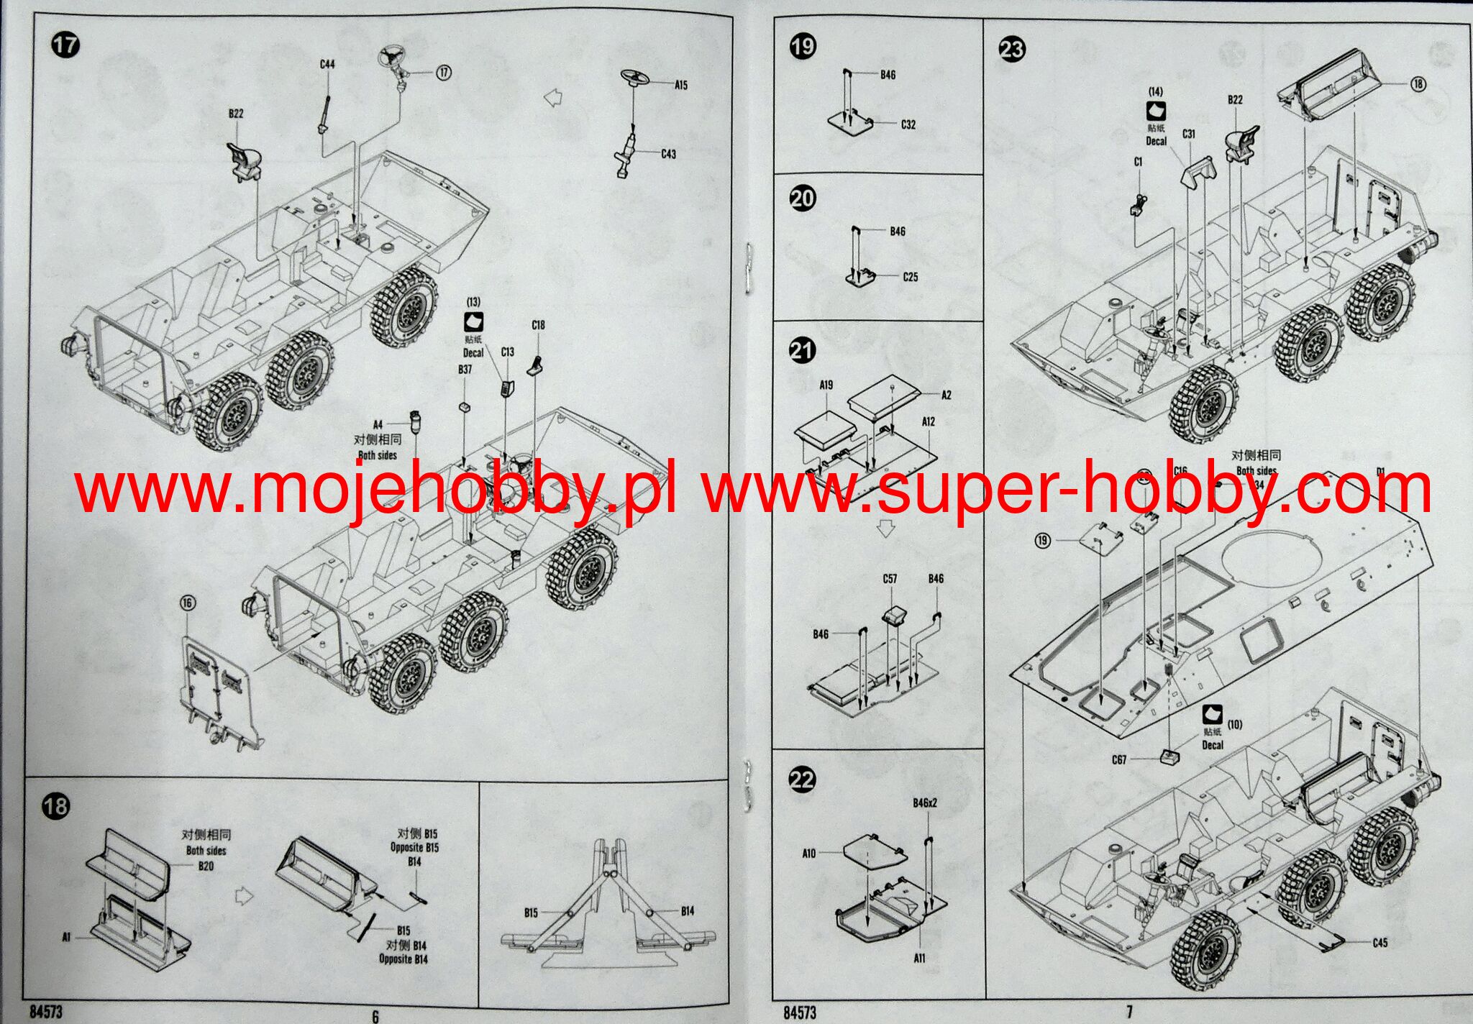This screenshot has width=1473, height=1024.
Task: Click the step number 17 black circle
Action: [65, 45]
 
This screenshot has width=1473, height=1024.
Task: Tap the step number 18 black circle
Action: [55, 806]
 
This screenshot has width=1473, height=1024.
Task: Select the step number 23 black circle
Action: [1012, 49]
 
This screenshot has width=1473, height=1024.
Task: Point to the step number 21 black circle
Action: [803, 350]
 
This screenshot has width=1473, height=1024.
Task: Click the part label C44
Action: [327, 64]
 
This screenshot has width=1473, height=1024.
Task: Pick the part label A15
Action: [681, 85]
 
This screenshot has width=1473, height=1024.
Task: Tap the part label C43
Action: [668, 154]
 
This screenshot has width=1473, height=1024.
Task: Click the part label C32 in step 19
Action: [908, 124]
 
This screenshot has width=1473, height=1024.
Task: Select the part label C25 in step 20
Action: [910, 277]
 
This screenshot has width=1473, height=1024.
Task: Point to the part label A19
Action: [826, 385]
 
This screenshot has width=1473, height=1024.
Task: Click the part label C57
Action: [890, 579]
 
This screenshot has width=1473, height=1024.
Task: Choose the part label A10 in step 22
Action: [809, 854]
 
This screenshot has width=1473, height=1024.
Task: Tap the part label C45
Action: [1379, 943]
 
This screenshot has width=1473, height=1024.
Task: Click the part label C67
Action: [1119, 760]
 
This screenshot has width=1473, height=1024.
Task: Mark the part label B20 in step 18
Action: [206, 866]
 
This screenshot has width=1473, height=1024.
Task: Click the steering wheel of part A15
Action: [635, 77]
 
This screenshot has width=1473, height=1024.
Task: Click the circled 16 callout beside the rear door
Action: [188, 603]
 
